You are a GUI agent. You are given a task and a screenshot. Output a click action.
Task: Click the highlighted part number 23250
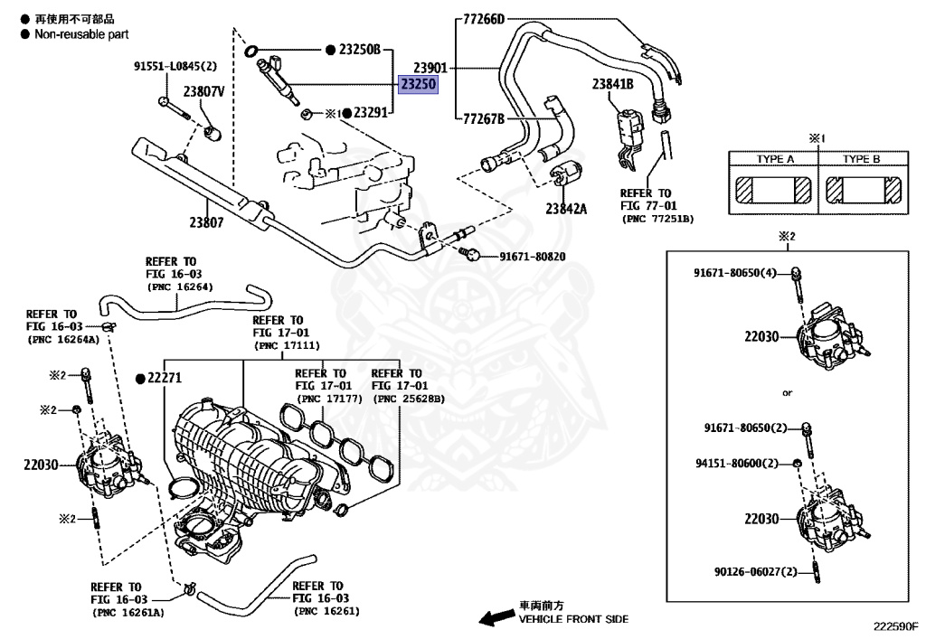coord(418,84)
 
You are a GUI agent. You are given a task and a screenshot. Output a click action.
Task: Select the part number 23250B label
coord(360,50)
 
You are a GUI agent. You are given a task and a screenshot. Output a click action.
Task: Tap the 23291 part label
coord(370,112)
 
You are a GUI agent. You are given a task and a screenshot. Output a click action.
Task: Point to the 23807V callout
coord(203,91)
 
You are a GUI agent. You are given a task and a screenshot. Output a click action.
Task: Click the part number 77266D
coord(484,20)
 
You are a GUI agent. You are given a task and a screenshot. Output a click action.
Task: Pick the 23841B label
coord(613,84)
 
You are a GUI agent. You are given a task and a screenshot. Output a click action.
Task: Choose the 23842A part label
coord(566,208)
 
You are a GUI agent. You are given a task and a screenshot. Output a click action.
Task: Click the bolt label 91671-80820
coord(533,257)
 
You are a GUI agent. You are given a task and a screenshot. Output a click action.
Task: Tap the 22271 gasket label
coord(165,378)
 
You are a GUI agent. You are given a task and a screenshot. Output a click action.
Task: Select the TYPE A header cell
coord(775,159)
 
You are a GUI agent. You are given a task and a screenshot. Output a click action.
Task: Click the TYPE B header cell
coord(861,159)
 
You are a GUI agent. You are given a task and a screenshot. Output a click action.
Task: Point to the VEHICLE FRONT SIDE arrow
coord(496,617)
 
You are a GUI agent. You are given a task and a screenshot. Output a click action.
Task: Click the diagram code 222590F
coord(896,626)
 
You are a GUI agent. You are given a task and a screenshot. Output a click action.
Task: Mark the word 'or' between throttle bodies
coord(788,393)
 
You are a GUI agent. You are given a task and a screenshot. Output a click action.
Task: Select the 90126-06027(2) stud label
coord(756,572)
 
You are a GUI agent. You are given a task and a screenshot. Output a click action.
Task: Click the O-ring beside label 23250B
coord(250,51)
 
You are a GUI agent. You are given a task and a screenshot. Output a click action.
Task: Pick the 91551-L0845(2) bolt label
coord(175,67)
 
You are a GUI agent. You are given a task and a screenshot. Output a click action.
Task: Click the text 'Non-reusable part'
coord(81,34)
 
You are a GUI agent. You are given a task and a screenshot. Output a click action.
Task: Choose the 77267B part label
coord(484,119)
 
